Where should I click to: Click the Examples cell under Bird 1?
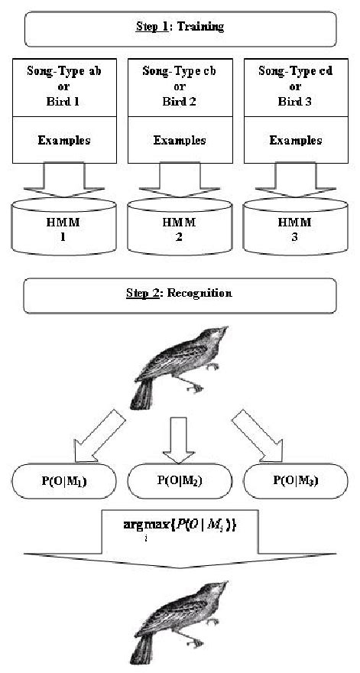pos(57,140)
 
